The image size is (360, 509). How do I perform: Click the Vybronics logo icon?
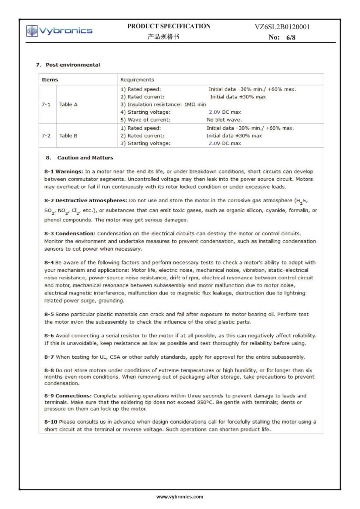(32, 31)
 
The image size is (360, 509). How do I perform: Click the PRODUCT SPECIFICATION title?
(169, 26)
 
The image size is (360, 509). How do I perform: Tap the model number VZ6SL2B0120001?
(282, 27)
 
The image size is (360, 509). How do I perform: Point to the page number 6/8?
(288, 37)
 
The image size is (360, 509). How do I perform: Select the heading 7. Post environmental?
(68, 65)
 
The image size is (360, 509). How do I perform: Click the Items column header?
(50, 80)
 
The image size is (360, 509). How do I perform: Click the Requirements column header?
(137, 80)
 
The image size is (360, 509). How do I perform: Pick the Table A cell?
(68, 105)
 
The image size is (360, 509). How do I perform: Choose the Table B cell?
(68, 136)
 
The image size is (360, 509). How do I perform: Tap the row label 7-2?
(46, 136)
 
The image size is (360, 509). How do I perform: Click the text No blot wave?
(224, 119)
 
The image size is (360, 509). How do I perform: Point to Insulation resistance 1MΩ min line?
(163, 105)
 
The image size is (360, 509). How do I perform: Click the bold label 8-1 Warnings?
(64, 172)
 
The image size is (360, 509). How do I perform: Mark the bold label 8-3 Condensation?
(70, 234)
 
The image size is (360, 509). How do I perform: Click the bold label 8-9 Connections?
(68, 396)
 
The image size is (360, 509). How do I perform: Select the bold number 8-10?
(51, 422)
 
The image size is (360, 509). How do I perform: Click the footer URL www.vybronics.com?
(180, 497)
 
